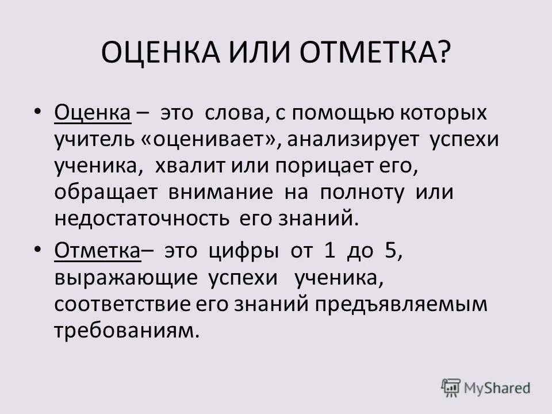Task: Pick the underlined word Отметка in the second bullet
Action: (x=98, y=251)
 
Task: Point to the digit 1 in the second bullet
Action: (x=329, y=251)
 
